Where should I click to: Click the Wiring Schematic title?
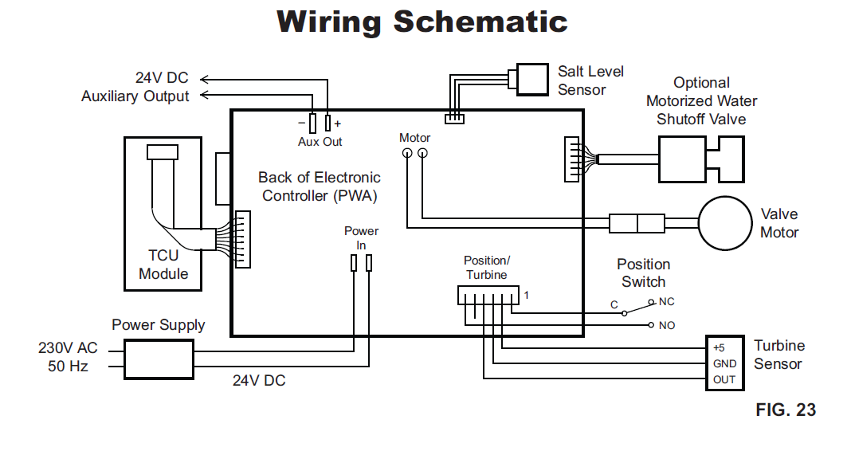[422, 22]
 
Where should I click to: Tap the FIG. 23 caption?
[786, 410]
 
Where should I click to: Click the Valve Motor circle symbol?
[725, 222]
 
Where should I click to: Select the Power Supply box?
[159, 359]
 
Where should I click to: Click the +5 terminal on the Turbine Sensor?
[719, 348]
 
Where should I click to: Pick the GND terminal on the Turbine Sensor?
[724, 363]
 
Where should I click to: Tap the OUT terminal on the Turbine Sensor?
[724, 379]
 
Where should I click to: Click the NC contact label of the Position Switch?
[667, 302]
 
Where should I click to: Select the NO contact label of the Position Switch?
[667, 325]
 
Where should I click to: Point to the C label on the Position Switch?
[614, 305]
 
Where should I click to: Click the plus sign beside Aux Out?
[337, 124]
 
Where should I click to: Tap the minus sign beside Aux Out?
[300, 124]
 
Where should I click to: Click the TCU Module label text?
[163, 265]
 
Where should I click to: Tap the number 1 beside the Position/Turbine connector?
[526, 295]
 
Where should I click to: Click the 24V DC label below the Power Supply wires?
[259, 381]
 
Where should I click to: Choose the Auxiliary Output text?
[135, 96]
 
